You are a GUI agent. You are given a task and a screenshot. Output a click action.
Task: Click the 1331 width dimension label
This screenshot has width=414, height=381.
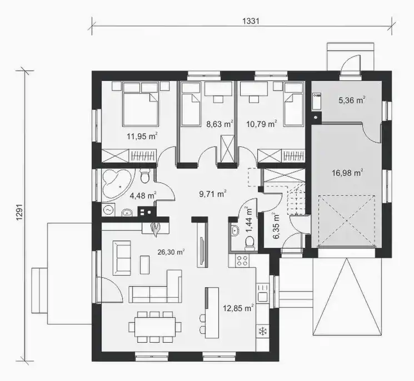[x=251, y=21]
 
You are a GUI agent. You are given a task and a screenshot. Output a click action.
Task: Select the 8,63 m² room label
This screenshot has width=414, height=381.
[x=220, y=124]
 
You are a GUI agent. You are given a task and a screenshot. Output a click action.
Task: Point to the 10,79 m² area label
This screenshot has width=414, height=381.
[x=261, y=124]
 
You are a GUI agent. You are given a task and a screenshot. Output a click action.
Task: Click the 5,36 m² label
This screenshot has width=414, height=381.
[x=352, y=100]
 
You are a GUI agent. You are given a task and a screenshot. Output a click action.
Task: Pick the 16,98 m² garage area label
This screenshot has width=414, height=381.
[x=347, y=173]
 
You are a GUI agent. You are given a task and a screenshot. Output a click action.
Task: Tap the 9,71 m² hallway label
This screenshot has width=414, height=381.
[x=212, y=194]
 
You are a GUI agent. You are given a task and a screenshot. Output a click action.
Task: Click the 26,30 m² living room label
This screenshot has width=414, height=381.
[x=171, y=252]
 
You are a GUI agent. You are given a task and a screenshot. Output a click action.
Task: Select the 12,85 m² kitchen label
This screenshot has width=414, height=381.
[x=238, y=308]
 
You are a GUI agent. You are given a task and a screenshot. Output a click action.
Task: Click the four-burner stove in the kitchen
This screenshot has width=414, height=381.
[x=242, y=261]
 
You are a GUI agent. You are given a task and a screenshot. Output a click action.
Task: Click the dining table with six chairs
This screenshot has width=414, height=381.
[x=155, y=327]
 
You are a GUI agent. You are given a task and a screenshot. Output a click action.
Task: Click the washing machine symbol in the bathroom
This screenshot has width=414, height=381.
[x=108, y=210]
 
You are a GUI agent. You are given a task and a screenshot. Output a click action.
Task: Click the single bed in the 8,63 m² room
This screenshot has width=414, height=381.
[x=191, y=109]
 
